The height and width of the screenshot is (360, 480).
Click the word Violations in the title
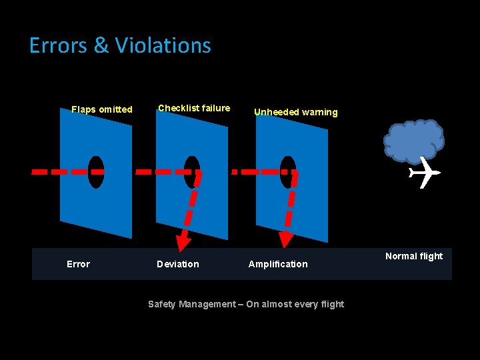(x=163, y=45)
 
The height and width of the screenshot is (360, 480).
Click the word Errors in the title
(x=59, y=45)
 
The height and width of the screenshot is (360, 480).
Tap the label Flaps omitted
(x=102, y=109)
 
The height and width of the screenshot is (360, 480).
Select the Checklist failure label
(x=194, y=108)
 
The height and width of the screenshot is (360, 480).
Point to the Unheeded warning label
(x=295, y=112)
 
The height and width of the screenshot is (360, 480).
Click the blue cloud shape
(x=413, y=140)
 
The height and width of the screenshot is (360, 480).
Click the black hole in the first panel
(x=96, y=172)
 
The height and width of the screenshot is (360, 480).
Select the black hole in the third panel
(x=288, y=172)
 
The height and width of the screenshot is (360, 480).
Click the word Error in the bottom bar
(x=78, y=264)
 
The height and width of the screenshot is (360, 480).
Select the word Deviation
(x=177, y=264)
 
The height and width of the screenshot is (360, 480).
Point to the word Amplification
(x=278, y=264)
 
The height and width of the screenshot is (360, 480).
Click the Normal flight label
(x=413, y=256)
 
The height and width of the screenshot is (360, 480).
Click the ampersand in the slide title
(x=101, y=45)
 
